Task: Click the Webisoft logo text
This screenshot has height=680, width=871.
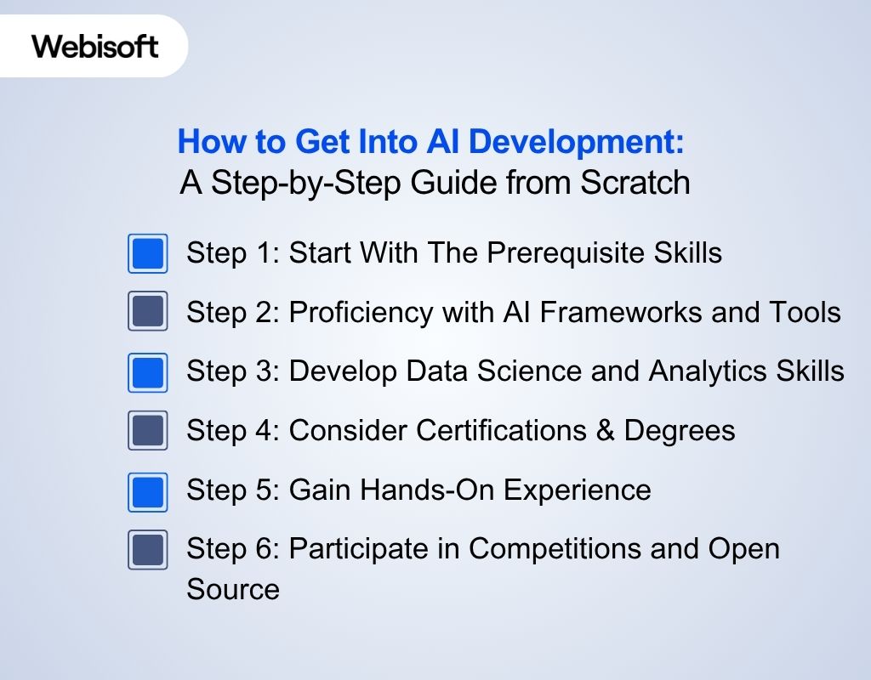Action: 95,46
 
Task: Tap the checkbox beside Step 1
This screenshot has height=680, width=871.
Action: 148,253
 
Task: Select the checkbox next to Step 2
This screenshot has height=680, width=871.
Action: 148,312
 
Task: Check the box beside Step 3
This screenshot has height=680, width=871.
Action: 148,371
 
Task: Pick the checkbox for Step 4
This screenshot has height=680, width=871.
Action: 148,430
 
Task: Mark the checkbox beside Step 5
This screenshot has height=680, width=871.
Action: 148,490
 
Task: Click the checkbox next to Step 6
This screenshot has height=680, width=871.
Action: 148,549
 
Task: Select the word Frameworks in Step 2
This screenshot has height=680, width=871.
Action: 605,313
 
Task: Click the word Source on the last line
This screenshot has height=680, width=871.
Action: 233,589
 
